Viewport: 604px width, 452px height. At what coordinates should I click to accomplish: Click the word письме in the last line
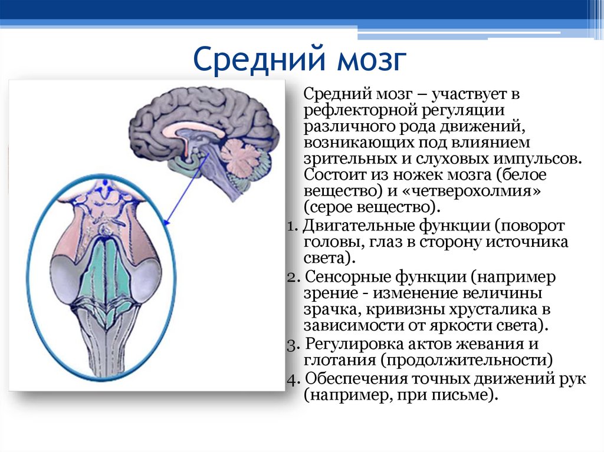tap(465, 395)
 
